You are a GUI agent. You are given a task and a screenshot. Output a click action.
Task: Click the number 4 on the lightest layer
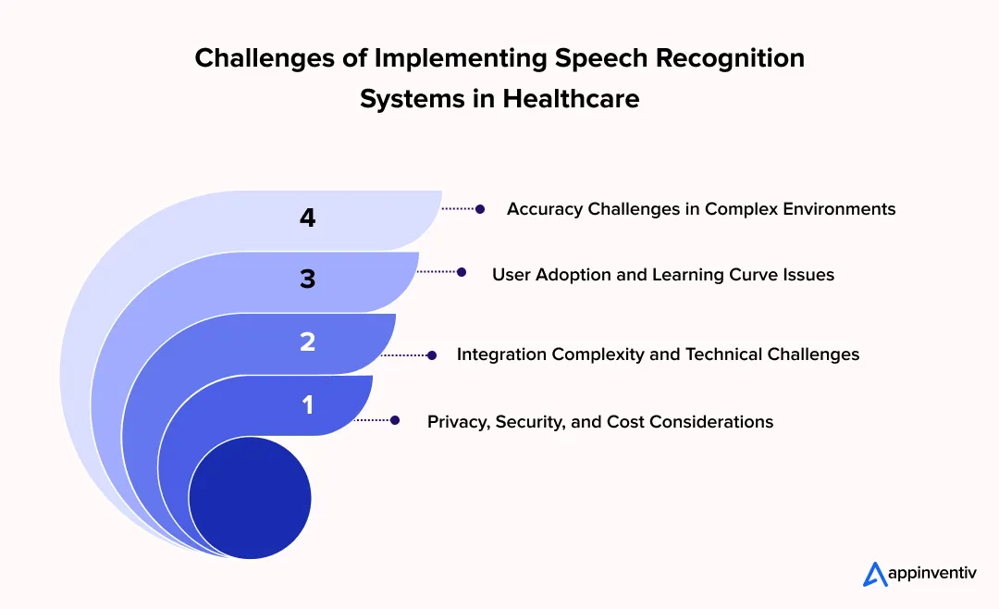pyautogui.click(x=307, y=218)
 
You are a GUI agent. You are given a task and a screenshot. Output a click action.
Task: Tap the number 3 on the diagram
pyautogui.click(x=307, y=280)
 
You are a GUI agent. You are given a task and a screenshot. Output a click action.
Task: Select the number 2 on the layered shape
pyautogui.click(x=307, y=342)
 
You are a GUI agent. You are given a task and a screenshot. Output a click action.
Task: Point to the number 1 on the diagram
pyautogui.click(x=307, y=404)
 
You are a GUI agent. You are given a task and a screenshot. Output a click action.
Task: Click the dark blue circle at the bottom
pyautogui.click(x=249, y=497)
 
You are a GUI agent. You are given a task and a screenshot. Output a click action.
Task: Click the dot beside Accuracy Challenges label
pyautogui.click(x=480, y=209)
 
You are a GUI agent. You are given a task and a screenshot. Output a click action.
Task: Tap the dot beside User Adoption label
pyautogui.click(x=462, y=272)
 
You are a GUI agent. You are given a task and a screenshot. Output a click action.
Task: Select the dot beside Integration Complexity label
pyautogui.click(x=431, y=354)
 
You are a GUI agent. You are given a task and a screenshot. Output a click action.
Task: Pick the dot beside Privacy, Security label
pyautogui.click(x=395, y=420)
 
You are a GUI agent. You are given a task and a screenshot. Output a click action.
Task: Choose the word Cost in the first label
pyautogui.click(x=625, y=422)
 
